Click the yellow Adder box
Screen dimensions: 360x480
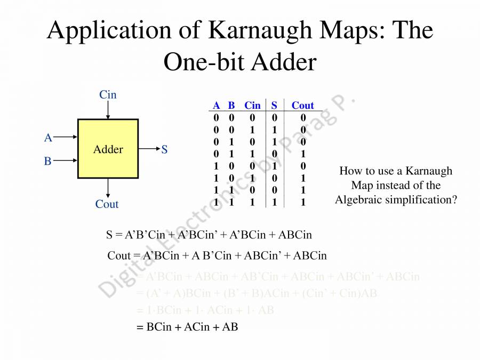point(108,148)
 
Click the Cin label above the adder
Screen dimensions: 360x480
point(108,95)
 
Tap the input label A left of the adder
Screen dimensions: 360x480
point(48,138)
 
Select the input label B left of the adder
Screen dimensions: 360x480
point(48,161)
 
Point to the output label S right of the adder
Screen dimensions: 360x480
point(164,150)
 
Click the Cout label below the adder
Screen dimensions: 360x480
point(107,204)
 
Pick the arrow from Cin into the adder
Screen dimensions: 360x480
point(108,110)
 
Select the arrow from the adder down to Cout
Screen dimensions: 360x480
point(108,187)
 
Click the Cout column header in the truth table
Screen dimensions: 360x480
point(302,106)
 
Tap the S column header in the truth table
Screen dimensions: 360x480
point(274,106)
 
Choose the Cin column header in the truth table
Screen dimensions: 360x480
point(252,106)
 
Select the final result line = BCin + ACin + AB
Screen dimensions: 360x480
point(187,327)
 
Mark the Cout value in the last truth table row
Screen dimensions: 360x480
point(303,203)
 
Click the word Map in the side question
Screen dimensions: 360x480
point(363,186)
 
